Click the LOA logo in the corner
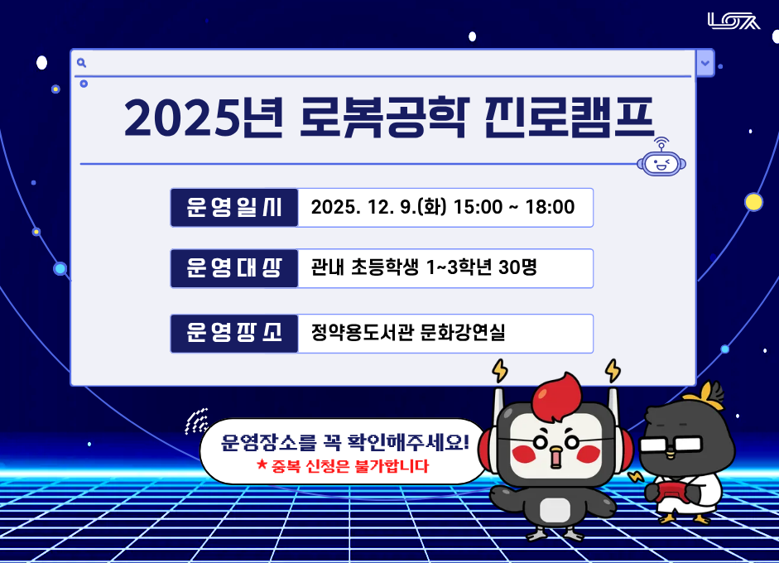tap(733, 21)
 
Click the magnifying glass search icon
tap(81, 62)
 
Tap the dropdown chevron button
tap(704, 62)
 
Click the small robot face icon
tap(661, 161)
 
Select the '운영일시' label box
tap(234, 207)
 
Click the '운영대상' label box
tap(234, 268)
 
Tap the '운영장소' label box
tap(234, 333)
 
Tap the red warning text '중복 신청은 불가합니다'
tap(350, 466)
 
